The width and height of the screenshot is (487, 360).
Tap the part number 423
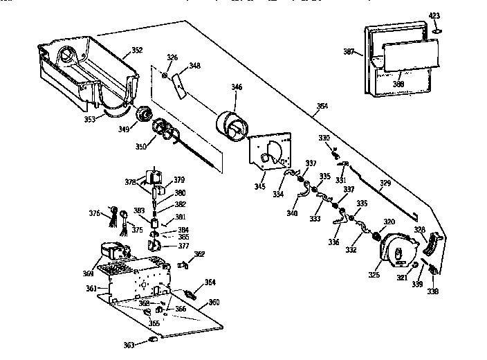434,15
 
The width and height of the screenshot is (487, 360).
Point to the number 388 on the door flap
399,84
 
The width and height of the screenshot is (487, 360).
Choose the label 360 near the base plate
214,302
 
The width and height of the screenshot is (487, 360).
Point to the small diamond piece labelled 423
436,30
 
